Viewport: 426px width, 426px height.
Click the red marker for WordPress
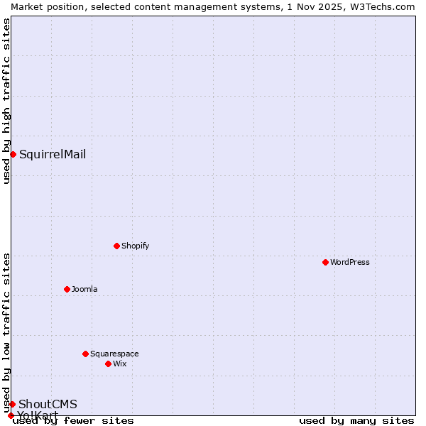[326, 262]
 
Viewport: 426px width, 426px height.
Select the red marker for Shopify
[117, 246]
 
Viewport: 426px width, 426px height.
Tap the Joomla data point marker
[67, 289]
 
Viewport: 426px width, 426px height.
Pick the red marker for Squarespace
[86, 354]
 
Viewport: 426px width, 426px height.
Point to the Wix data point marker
[109, 364]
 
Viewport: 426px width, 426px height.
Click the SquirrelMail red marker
[13, 154]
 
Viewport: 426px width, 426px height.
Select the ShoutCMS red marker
[12, 404]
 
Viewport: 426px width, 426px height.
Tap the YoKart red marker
[11, 415]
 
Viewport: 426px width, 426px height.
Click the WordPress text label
[350, 262]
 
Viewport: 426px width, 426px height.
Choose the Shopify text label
[136, 246]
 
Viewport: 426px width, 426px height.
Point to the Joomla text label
[84, 289]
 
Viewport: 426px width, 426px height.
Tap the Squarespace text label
[114, 354]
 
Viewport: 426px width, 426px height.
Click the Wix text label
[120, 364]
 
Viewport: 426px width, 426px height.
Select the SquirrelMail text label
[53, 154]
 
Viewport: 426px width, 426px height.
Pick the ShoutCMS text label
[48, 404]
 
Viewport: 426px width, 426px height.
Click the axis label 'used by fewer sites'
[73, 420]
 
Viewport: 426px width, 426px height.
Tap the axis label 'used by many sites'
[356, 420]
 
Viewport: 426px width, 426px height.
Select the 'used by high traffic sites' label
[6, 101]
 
